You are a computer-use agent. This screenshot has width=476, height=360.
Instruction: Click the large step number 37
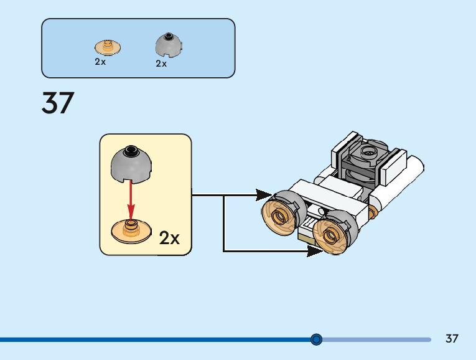click(x=58, y=103)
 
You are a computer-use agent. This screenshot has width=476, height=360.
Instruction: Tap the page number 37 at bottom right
click(x=452, y=338)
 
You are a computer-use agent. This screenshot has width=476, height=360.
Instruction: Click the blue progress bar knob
click(x=316, y=339)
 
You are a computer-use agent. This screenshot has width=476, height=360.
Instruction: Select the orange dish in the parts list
click(x=108, y=47)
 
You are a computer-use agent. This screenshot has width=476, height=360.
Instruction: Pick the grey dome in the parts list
click(x=169, y=44)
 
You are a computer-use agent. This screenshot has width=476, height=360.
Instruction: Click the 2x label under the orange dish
click(x=100, y=62)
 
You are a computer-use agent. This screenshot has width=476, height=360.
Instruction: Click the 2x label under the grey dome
click(x=161, y=64)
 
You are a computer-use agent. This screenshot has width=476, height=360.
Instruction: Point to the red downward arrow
click(x=131, y=200)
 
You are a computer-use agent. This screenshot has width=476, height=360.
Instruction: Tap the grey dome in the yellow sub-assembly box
click(x=131, y=164)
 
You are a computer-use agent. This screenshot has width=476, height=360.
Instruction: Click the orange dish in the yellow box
click(x=131, y=230)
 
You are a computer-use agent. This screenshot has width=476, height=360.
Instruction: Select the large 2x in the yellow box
click(x=169, y=238)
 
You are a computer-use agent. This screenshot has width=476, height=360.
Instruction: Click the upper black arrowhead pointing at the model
click(x=263, y=195)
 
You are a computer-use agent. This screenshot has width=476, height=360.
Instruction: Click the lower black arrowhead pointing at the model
click(x=315, y=251)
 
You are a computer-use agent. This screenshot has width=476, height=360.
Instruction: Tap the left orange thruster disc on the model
click(x=279, y=216)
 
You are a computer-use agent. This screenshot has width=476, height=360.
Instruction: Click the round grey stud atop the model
click(x=368, y=151)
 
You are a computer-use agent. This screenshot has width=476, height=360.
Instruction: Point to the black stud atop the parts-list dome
click(x=168, y=36)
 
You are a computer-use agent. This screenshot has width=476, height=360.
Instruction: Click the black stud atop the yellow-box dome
click(x=131, y=149)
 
